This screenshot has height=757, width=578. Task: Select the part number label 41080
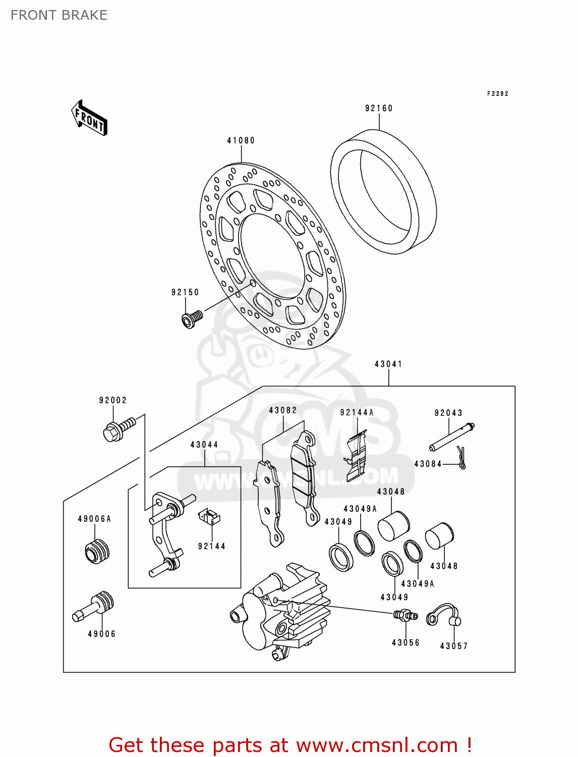click(x=241, y=141)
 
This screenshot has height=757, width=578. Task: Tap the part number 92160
click(x=379, y=109)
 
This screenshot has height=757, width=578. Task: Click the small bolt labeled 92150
click(x=192, y=318)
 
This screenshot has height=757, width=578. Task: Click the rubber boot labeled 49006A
click(x=97, y=551)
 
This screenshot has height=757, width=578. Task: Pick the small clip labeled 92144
click(x=209, y=517)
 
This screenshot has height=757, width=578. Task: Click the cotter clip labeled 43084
click(x=461, y=457)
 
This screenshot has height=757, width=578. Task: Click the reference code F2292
click(x=497, y=94)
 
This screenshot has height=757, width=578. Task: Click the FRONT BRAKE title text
click(x=59, y=15)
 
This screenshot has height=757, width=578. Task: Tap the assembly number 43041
click(x=388, y=364)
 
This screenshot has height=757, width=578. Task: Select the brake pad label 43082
click(x=283, y=411)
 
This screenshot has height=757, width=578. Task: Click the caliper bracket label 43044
click(x=204, y=445)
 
